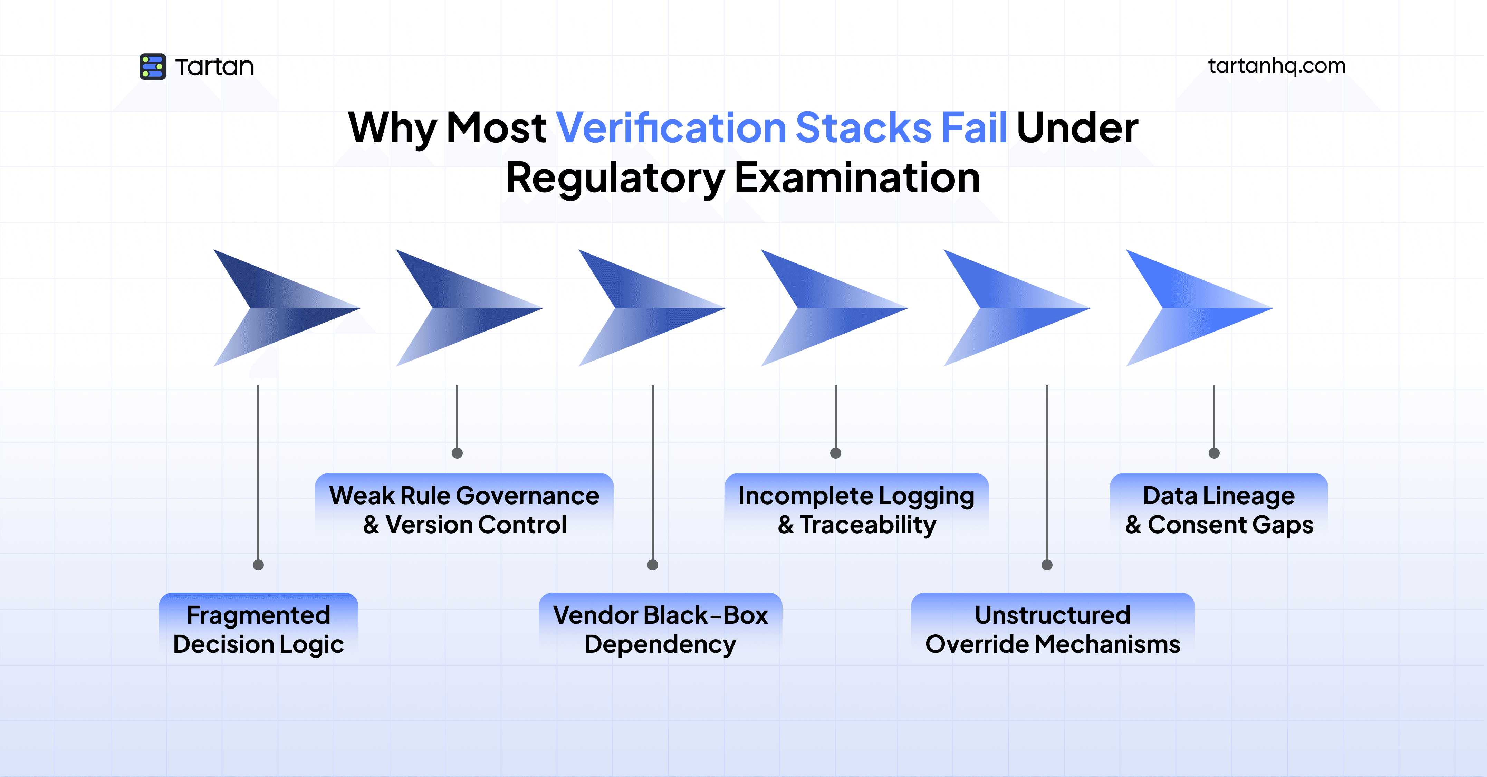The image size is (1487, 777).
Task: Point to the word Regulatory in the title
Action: pos(615,178)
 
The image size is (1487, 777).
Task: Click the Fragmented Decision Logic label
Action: pos(259,629)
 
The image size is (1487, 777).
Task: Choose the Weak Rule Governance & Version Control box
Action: pos(464,510)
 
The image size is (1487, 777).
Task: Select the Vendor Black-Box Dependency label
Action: pos(660,629)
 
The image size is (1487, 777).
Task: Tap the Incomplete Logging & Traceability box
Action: pos(857,510)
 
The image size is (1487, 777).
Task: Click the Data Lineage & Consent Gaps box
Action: pos(1219,510)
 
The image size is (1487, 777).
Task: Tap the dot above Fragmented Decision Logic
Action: pos(259,565)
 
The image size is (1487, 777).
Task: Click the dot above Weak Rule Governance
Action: pos(457,453)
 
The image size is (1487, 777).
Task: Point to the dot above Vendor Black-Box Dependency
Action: pos(653,565)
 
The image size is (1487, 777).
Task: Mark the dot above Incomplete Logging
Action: pos(835,453)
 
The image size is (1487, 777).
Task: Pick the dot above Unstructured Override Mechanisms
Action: pos(1047,565)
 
